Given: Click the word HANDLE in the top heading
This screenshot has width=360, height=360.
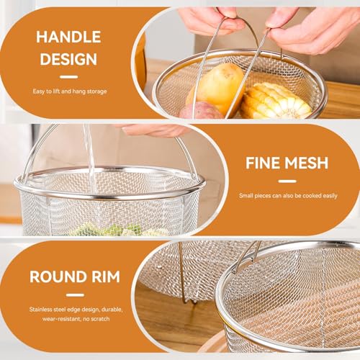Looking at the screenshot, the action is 68,37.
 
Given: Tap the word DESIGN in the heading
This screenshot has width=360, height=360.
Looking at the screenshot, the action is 68,59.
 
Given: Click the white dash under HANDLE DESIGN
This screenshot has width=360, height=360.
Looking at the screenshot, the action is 69,77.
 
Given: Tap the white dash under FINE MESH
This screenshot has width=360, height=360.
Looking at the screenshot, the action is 287,181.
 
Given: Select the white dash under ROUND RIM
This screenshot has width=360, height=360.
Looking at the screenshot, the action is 75,295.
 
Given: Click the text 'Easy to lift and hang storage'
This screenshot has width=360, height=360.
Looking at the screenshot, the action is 70,91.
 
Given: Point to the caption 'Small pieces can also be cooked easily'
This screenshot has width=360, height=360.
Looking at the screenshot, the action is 288,196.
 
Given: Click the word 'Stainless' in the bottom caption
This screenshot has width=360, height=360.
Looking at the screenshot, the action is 41,310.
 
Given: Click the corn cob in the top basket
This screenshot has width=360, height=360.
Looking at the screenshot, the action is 275,101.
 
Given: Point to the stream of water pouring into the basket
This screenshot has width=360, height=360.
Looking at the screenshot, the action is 90,157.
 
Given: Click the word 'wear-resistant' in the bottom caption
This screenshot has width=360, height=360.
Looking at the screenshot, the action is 60,319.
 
